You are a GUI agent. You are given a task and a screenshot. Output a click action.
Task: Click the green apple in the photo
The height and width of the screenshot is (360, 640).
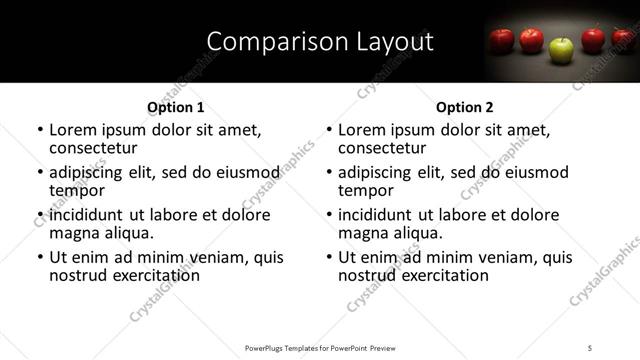tap(562, 48)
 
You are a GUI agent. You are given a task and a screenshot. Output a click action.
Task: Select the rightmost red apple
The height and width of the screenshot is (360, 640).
tap(623, 39)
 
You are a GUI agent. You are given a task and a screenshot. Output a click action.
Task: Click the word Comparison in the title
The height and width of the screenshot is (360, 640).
tap(269, 41)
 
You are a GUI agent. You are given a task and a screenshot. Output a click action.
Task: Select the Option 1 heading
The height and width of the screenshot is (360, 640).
tap(176, 107)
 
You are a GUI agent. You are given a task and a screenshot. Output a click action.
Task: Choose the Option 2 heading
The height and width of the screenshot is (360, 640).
tap(465, 107)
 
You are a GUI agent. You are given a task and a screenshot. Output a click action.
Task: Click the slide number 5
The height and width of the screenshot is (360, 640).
tap(591, 348)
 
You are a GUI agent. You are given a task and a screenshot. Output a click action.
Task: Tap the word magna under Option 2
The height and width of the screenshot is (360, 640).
tap(363, 233)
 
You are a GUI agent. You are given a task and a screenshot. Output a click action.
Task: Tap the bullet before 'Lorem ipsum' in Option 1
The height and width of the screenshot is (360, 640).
tap(39, 131)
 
